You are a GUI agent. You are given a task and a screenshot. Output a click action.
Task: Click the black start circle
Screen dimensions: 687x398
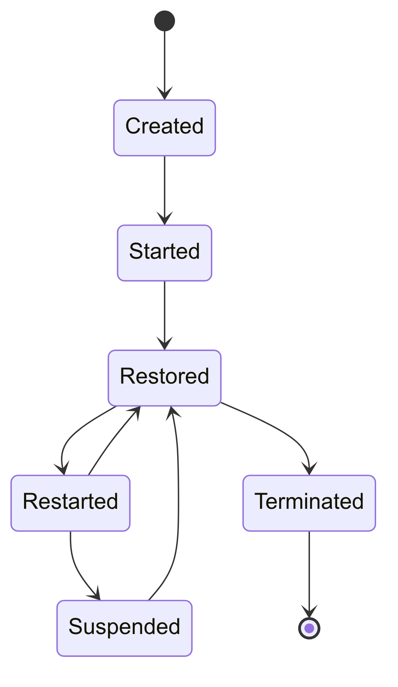pos(164,21)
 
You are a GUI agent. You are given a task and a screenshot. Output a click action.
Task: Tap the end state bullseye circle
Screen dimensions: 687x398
pos(309,628)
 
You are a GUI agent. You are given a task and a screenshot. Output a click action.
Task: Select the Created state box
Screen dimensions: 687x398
pos(164,128)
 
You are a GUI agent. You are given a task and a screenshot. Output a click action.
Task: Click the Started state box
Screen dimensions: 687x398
pos(164,253)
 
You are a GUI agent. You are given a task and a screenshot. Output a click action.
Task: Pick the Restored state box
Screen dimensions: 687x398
pos(164,378)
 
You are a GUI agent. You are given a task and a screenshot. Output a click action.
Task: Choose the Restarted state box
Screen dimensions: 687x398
pos(70,503)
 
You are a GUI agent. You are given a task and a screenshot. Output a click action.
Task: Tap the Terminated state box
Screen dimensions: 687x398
pos(309,503)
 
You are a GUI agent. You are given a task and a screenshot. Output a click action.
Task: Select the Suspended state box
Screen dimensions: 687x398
pos(124,628)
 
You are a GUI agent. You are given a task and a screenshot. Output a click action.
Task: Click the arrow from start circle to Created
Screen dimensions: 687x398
pos(164,61)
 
